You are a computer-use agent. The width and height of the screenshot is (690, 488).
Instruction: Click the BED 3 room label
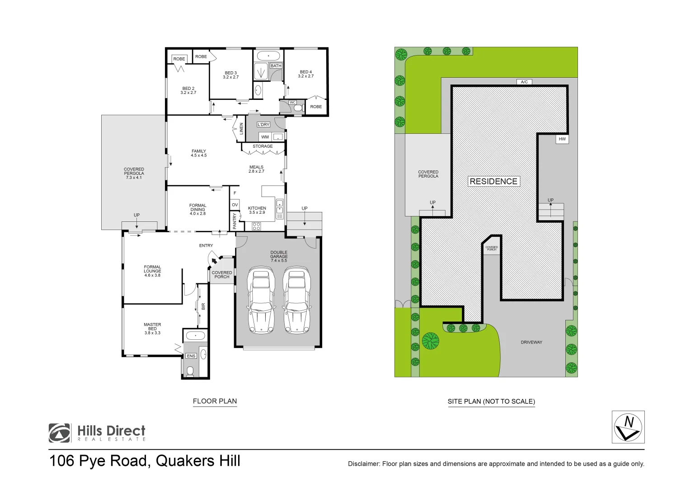coord(230,75)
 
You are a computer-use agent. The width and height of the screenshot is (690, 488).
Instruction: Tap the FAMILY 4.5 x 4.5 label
coord(198,153)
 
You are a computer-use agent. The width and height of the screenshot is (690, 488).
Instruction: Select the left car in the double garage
coord(261,300)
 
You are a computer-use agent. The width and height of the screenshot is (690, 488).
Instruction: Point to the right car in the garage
coord(297,300)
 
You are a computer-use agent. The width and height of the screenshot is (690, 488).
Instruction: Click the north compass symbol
coord(628,427)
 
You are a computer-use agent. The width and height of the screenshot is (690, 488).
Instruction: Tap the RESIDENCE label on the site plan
coord(493,181)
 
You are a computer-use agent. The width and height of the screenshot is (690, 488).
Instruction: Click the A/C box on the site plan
coord(524,82)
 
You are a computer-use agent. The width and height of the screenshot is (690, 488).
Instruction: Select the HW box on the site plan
coord(562,139)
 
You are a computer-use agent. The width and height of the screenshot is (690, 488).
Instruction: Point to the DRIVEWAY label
coord(531,342)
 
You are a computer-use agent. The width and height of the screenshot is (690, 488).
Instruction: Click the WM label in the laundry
coord(265,137)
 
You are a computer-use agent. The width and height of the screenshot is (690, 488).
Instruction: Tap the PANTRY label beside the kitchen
coord(235,221)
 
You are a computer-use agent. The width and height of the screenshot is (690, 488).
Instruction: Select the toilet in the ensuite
coord(190,371)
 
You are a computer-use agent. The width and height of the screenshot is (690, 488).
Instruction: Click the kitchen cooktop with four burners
coord(256,226)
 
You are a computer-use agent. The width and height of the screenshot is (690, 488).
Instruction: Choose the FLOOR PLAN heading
coord(215,401)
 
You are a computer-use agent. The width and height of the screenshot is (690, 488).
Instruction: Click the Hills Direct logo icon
coord(60,433)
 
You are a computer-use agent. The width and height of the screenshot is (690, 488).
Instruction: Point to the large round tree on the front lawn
coord(431,340)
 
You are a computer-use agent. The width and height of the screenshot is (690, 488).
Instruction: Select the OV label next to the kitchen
coord(235,205)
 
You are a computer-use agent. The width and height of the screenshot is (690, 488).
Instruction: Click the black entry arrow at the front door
coord(214,260)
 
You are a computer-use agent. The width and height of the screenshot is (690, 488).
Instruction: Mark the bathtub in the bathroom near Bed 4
coord(268,56)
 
